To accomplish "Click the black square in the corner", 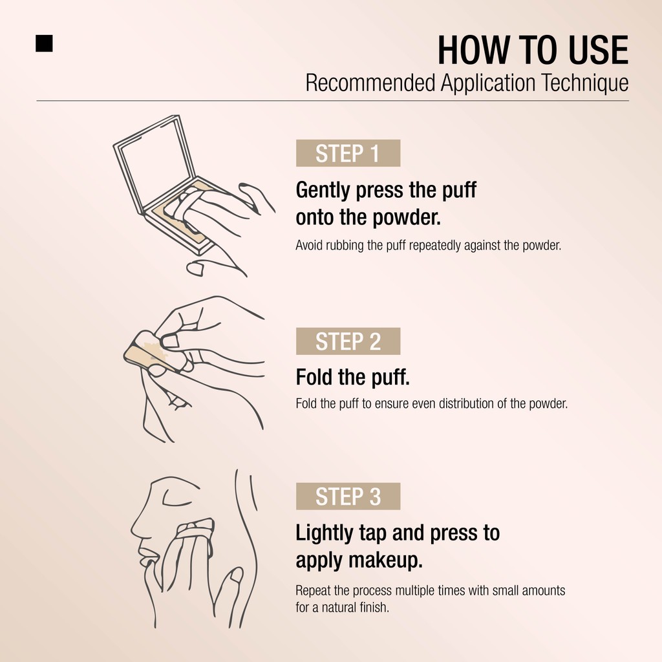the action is coord(45,43).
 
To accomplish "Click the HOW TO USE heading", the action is coord(533,50).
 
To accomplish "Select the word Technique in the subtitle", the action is coord(584,83).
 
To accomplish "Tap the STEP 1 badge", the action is coord(348,153).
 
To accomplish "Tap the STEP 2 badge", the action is coord(348,341).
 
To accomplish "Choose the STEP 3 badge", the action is coord(348,496).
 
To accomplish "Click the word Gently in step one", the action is coord(323,191).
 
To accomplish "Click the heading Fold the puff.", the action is coord(353,377).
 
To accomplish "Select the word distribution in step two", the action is coord(466,403).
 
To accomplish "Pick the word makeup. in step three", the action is coord(385,561).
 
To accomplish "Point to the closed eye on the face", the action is coord(180,498).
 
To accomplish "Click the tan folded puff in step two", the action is coord(148,352).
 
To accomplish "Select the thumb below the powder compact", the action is coord(195,268).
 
